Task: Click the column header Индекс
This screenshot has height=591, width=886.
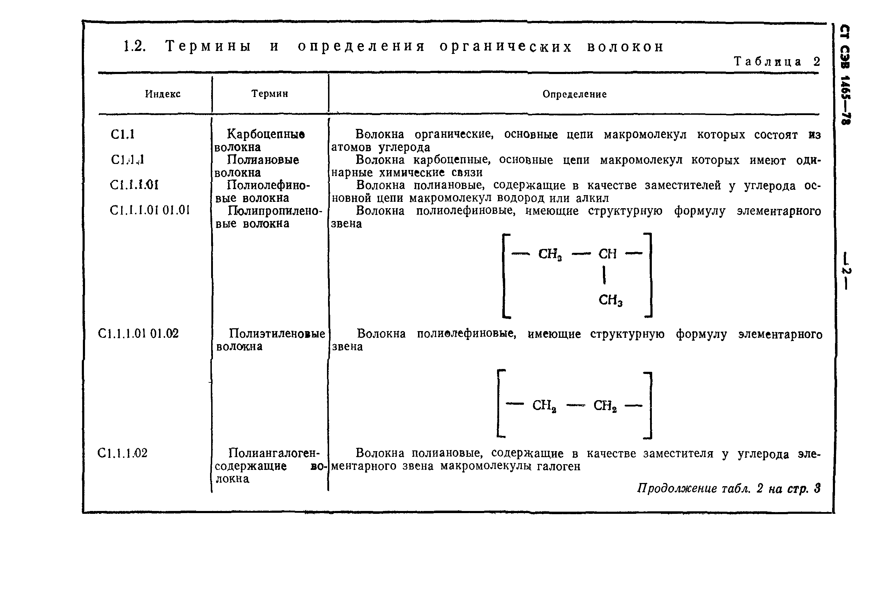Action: tap(163, 94)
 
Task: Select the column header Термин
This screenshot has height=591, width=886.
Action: tap(270, 93)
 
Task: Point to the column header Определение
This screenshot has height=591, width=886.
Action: tap(575, 94)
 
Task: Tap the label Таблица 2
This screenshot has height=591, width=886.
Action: tap(777, 61)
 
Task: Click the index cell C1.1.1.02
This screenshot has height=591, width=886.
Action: tap(122, 453)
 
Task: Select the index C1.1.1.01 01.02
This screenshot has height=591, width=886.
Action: tap(138, 334)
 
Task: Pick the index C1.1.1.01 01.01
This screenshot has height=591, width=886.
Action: tap(150, 210)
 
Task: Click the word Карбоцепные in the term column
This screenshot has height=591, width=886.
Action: tap(266, 134)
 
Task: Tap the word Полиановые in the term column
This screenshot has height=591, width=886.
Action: tap(263, 160)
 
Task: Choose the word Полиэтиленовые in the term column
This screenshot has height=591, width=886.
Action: tap(277, 334)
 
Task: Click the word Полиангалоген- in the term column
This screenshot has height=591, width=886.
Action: tap(274, 453)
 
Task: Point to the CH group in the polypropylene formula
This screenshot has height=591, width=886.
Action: tap(607, 254)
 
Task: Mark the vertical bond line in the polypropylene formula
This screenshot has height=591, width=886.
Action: tap(604, 275)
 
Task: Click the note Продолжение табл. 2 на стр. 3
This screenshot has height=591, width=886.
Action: tap(728, 488)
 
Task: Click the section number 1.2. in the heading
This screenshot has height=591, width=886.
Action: tap(135, 46)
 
